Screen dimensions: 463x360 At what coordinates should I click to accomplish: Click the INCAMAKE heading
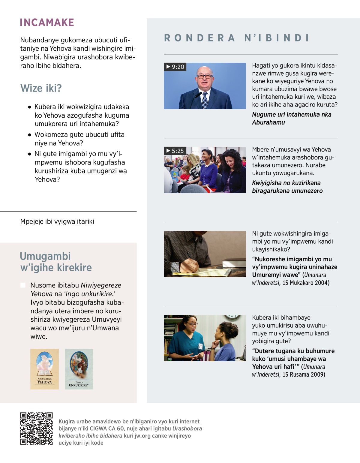point(47,23)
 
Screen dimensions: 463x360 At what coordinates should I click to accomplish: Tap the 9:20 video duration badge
point(175,67)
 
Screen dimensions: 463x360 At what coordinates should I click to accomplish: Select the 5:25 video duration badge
point(175,151)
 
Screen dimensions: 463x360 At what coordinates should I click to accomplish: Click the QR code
point(36,428)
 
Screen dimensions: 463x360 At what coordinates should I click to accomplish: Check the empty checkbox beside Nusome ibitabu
point(23,285)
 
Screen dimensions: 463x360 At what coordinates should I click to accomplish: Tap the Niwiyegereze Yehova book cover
point(44,369)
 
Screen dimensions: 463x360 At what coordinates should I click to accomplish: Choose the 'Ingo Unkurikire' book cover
point(79,369)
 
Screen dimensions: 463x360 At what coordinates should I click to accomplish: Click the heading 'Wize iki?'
point(41,88)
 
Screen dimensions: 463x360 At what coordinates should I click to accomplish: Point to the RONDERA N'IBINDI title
point(236,38)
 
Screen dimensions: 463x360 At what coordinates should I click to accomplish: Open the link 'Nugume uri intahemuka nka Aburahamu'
point(291,118)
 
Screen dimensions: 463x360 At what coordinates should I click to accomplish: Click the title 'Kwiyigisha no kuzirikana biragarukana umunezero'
point(287,187)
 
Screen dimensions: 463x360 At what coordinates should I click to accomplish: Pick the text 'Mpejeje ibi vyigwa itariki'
point(57,221)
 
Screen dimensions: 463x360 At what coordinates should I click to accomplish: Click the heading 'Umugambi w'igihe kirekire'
point(56,262)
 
